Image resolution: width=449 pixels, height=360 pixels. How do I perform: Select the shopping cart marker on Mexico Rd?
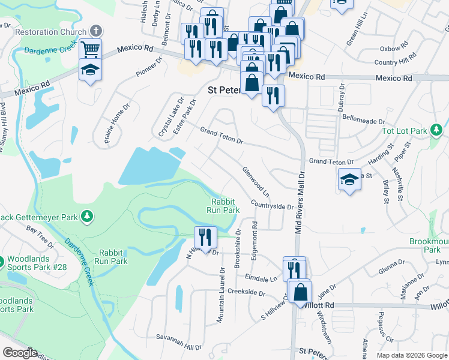click(90, 49)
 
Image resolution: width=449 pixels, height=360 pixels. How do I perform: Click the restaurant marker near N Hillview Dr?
click(205, 237)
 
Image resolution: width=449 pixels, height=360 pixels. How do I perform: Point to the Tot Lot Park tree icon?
click(438, 130)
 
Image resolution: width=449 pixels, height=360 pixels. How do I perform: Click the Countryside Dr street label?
click(271, 205)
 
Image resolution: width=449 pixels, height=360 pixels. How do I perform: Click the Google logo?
click(19, 352)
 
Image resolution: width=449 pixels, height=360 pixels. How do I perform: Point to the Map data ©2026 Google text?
click(411, 355)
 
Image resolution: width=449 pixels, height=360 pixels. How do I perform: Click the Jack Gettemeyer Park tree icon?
click(87, 215)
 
